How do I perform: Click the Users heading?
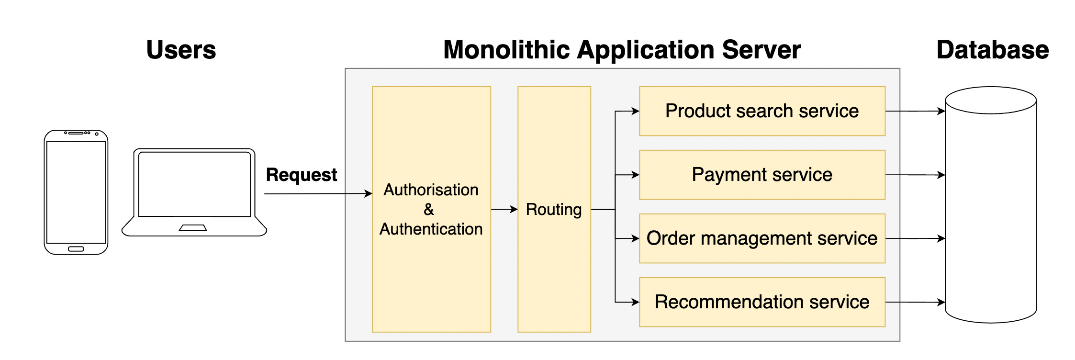(x=181, y=50)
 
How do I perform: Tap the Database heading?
(x=992, y=50)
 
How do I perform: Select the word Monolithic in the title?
(x=506, y=50)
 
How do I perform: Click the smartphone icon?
(x=76, y=192)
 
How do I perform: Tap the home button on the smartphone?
(x=76, y=249)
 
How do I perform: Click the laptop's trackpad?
(x=193, y=228)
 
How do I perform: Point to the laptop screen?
(x=194, y=184)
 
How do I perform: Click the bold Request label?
(x=302, y=175)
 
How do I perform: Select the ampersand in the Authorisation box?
(x=429, y=209)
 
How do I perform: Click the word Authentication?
(x=431, y=229)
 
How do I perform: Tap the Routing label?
(x=554, y=209)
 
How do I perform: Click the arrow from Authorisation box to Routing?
(x=504, y=209)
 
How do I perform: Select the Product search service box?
(x=762, y=111)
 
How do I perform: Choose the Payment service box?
(x=762, y=175)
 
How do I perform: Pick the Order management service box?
(x=762, y=238)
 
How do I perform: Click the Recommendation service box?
(x=762, y=302)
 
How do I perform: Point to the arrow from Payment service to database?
(x=915, y=175)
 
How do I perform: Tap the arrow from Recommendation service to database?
(x=915, y=302)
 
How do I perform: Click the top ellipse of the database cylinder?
(x=991, y=100)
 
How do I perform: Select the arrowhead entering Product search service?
(x=636, y=111)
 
